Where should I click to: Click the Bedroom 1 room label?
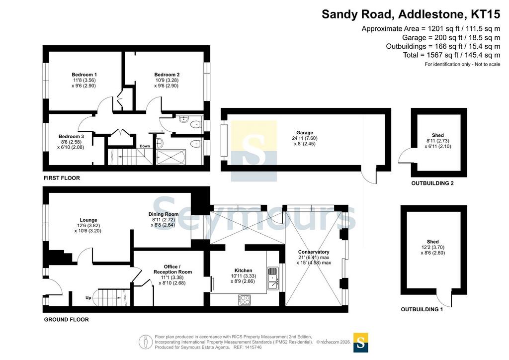[x=84, y=75]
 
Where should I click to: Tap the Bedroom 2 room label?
[x=167, y=75]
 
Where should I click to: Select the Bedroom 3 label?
[x=71, y=136]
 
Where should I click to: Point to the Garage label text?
[x=305, y=132]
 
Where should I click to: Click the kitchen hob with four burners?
[x=245, y=300]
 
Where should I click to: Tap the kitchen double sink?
[x=273, y=278]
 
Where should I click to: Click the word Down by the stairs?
[x=145, y=146]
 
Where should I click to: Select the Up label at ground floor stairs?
[x=88, y=297]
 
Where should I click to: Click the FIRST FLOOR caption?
[x=62, y=178]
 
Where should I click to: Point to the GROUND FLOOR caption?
[x=66, y=319]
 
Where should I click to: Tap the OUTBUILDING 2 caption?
[x=432, y=183]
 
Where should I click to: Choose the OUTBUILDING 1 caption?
[x=422, y=309]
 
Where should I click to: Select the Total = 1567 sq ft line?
[x=451, y=55]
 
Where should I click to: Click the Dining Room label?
[x=163, y=214]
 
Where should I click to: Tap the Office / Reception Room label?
[x=172, y=269]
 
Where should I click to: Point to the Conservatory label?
[x=314, y=252]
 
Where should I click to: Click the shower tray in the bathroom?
[x=171, y=157]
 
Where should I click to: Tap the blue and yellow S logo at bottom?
[x=360, y=343]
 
